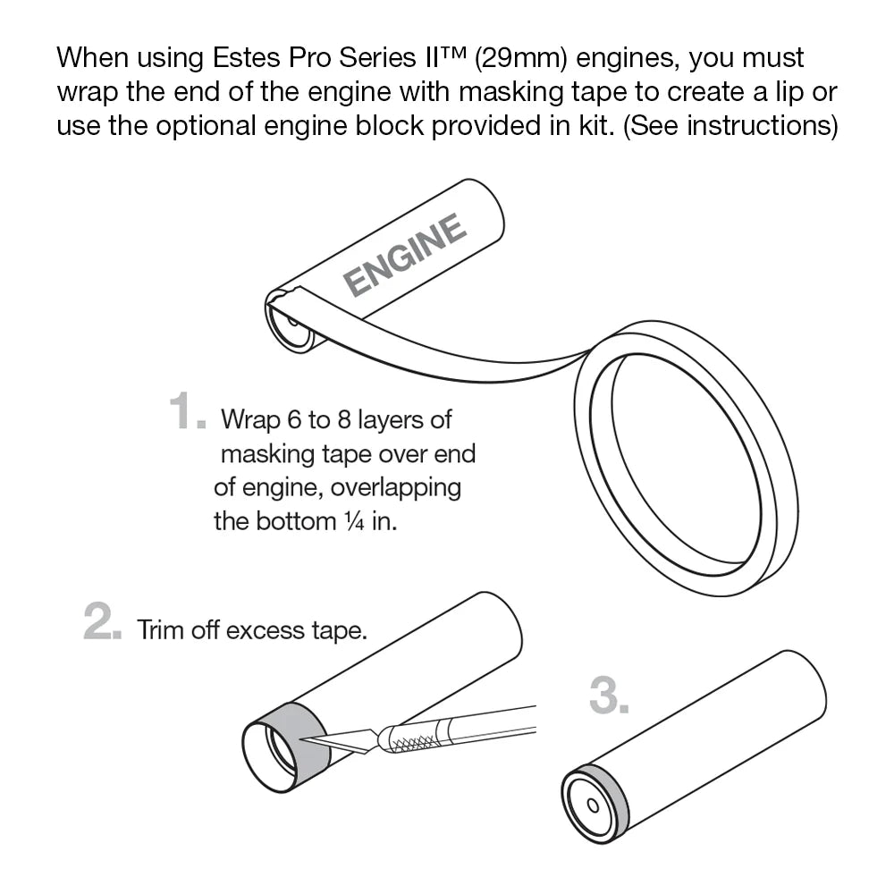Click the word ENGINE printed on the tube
405,256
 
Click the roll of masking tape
684,460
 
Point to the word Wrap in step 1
247,418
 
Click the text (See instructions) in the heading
730,125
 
